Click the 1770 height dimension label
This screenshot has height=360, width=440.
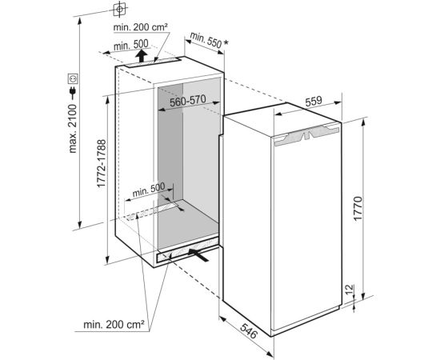(358, 209)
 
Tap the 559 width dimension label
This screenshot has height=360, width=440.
(313, 102)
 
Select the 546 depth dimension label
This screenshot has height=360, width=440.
(249, 331)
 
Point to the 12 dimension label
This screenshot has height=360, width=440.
(349, 290)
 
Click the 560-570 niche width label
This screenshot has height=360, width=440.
(188, 101)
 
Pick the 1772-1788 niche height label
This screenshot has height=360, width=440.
(102, 163)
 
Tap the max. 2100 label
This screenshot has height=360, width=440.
(72, 129)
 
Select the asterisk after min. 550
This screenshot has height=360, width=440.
(226, 43)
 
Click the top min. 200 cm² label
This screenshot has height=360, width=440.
(141, 27)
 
